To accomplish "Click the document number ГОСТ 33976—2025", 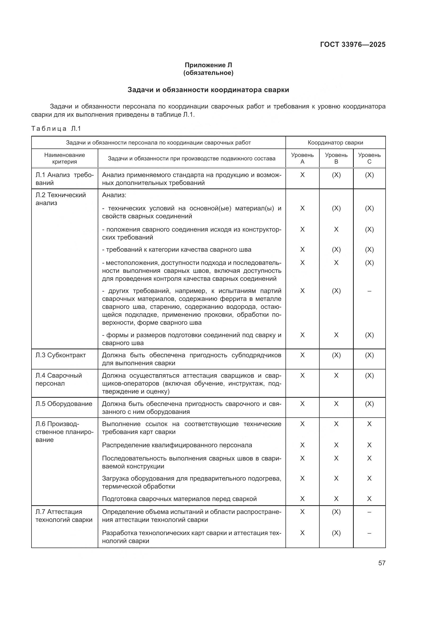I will (x=352, y=44).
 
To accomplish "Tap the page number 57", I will (x=382, y=563).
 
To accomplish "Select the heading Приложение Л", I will (x=208, y=65).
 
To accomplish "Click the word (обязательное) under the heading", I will (x=208, y=73).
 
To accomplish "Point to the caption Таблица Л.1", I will (x=56, y=129).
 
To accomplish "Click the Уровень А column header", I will (x=302, y=158).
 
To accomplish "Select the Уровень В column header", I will (x=336, y=158).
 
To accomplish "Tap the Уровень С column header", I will (x=369, y=158).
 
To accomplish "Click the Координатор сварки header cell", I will (x=335, y=143).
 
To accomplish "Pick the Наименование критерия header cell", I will (x=64, y=158).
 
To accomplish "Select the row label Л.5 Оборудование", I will (x=64, y=404).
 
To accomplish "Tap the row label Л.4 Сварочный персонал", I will (x=59, y=379).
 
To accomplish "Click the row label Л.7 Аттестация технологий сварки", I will (x=64, y=516).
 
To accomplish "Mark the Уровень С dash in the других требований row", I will (x=369, y=291).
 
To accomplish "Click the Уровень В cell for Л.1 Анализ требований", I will (x=336, y=175).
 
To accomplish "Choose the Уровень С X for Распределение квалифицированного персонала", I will (x=369, y=445).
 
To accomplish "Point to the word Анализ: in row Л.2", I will (x=114, y=195).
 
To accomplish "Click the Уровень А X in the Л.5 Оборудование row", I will (x=302, y=404).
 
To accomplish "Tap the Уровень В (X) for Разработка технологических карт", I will (x=336, y=533).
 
